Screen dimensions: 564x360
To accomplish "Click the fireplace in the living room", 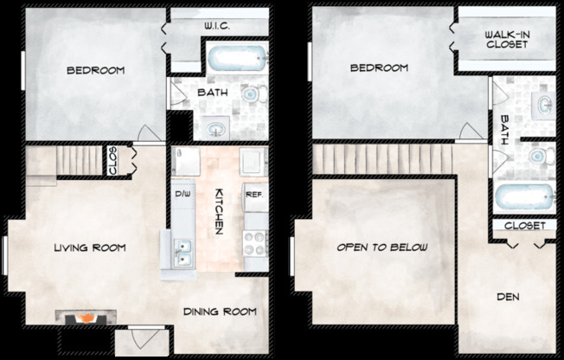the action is [x=86, y=317].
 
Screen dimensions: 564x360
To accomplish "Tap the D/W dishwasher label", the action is [x=183, y=194].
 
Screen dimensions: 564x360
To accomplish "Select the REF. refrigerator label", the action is [x=254, y=195].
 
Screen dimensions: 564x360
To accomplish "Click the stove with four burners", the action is [x=255, y=244].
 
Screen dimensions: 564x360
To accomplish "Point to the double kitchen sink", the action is [x=183, y=253].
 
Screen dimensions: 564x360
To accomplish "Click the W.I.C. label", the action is [x=217, y=26].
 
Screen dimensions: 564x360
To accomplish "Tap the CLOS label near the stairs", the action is [x=112, y=161].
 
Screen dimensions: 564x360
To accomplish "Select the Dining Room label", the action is [x=220, y=312].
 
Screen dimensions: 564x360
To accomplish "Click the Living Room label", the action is [x=90, y=247].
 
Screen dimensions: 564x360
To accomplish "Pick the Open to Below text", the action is [x=382, y=247].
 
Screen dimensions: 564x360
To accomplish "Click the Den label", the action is [x=508, y=297].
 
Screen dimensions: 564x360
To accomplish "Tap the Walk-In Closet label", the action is [x=507, y=40].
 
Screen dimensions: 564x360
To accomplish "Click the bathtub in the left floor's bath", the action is [x=238, y=58].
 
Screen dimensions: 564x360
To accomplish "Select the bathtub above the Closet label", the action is [x=525, y=197].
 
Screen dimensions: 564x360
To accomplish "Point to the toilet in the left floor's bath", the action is [x=254, y=94].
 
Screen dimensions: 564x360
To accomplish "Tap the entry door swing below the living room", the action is [x=144, y=337].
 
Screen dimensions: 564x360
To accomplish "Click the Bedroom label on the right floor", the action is [x=379, y=67].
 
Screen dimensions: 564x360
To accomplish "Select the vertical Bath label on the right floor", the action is [x=504, y=130].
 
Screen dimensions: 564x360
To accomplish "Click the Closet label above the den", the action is [x=525, y=226].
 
